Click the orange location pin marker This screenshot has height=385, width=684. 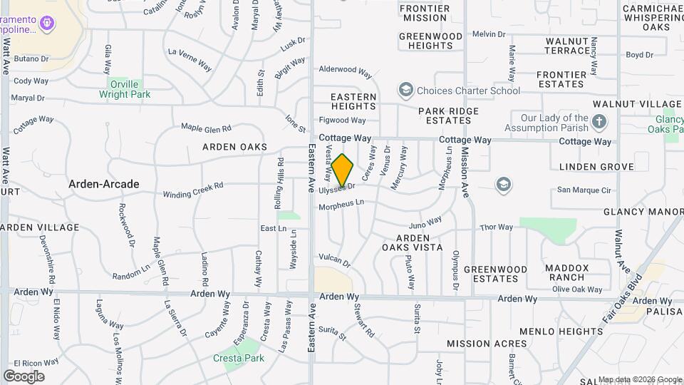pyautogui.click(x=343, y=171)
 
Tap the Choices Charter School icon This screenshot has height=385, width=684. pyautogui.click(x=406, y=90)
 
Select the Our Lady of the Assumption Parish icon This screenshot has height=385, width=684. pyautogui.click(x=599, y=122)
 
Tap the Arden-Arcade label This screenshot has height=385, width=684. pyautogui.click(x=104, y=184)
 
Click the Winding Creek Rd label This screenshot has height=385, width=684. pyautogui.click(x=193, y=190)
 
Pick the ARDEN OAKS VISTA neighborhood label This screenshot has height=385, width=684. pyautogui.click(x=413, y=242)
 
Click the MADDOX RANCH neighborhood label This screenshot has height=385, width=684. pyautogui.click(x=567, y=272)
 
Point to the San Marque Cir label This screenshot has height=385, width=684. pyautogui.click(x=584, y=190)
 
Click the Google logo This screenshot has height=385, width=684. pyautogui.click(x=24, y=376)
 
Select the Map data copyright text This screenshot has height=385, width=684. pyautogui.click(x=639, y=379)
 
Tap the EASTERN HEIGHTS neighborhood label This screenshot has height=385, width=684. pyautogui.click(x=353, y=101)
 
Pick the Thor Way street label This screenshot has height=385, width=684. pyautogui.click(x=497, y=227)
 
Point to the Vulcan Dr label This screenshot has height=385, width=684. pyautogui.click(x=335, y=262)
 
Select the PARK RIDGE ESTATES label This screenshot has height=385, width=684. pyautogui.click(x=449, y=115)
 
